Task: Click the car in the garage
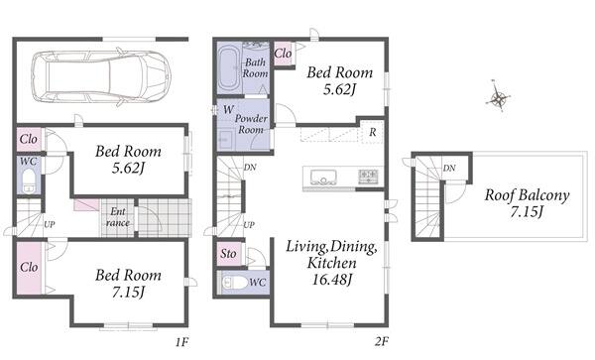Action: click(101, 77)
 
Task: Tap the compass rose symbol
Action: click(498, 97)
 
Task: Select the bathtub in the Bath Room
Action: click(228, 69)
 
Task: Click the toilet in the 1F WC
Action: click(29, 181)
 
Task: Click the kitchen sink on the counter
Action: click(323, 177)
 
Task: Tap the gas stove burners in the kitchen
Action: click(368, 177)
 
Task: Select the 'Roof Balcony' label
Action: click(528, 195)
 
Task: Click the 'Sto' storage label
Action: click(228, 254)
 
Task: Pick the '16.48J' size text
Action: click(332, 280)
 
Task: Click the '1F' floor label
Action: click(181, 342)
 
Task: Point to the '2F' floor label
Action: click(382, 342)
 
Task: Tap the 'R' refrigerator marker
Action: click(373, 132)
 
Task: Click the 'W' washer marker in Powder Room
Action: click(228, 110)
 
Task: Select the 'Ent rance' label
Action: click(118, 217)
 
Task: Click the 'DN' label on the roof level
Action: click(449, 168)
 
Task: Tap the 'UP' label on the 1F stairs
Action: click(50, 224)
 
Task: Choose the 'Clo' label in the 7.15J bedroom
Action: click(29, 267)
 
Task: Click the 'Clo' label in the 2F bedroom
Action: click(283, 54)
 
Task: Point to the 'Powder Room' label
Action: click(251, 124)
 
